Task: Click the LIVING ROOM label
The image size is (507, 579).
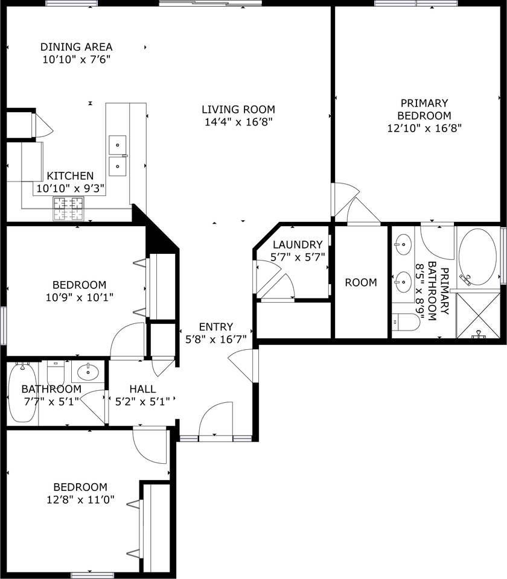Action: click(238, 110)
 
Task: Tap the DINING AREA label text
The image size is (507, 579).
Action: click(77, 47)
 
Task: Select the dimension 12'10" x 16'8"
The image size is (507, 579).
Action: click(424, 128)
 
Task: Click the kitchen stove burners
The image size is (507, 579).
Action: click(69, 209)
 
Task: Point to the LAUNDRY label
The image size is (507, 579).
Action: click(298, 245)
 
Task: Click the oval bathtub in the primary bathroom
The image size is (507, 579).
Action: click(477, 257)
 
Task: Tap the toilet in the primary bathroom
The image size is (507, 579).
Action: click(406, 322)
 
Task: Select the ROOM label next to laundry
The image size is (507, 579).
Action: click(361, 283)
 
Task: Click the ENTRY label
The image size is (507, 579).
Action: click(216, 327)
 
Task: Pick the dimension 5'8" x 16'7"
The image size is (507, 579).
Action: click(216, 340)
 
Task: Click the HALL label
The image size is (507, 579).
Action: click(142, 389)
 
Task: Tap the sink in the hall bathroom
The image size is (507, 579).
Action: click(88, 372)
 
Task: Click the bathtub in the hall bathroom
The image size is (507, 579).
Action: click(23, 393)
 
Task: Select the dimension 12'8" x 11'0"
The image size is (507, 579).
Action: click(80, 500)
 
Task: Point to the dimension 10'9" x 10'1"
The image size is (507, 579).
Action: click(80, 297)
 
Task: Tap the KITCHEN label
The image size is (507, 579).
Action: click(70, 176)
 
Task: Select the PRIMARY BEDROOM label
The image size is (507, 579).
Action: click(424, 109)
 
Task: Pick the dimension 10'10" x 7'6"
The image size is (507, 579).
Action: click(77, 60)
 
